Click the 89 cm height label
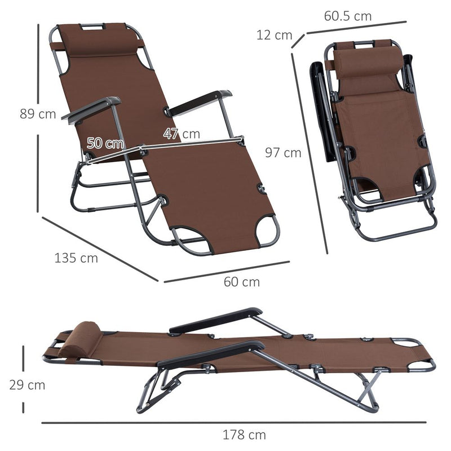pos(38,114)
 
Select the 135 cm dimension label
pos(76,258)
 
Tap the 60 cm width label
pos(242,282)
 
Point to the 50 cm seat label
pos(105,143)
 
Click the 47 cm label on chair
pos(182,134)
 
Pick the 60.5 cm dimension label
pos(348,16)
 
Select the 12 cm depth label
pos(275,35)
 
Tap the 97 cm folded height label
pos(284,152)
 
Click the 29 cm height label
pos(26,386)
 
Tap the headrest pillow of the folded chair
pos(369,61)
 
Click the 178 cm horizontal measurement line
pos(234,422)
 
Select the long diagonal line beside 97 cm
pos(310,152)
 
